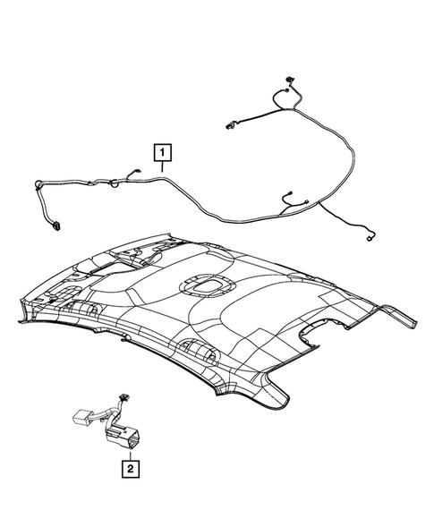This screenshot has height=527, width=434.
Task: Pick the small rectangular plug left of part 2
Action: [80, 415]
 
